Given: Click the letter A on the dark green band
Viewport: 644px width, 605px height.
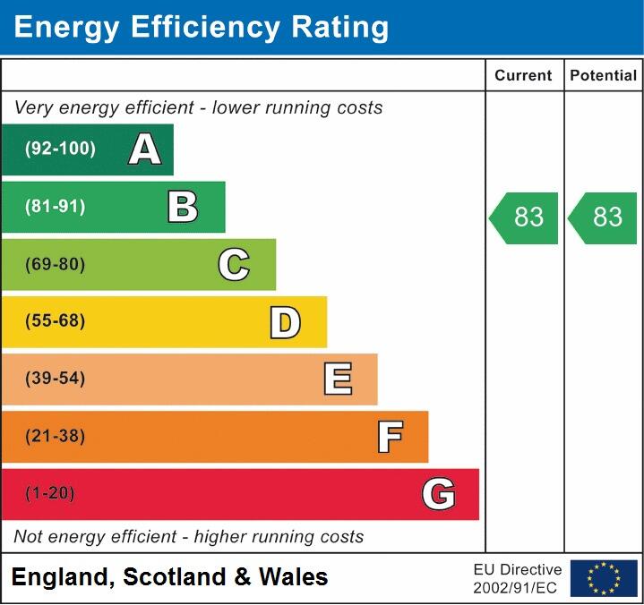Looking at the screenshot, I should pyautogui.click(x=145, y=149).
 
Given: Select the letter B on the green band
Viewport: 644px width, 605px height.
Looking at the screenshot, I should pyautogui.click(x=183, y=207).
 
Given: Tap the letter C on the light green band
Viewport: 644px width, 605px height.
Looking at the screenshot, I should pyautogui.click(x=234, y=264).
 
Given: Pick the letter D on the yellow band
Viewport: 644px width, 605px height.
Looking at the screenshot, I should pyautogui.click(x=285, y=322).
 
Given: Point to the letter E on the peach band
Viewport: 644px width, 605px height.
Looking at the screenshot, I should pyautogui.click(x=338, y=379).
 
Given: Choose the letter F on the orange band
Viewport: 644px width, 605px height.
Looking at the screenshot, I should pyautogui.click(x=390, y=437).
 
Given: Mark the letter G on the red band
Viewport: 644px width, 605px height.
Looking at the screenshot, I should pyautogui.click(x=439, y=494).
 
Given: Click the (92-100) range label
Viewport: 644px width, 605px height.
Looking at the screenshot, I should pyautogui.click(x=60, y=149).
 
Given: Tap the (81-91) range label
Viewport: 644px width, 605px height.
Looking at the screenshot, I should pyautogui.click(x=56, y=207).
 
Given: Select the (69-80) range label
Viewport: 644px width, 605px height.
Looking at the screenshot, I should pyautogui.click(x=56, y=264).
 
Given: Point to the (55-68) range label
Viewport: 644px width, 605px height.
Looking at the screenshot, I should pyautogui.click(x=56, y=321).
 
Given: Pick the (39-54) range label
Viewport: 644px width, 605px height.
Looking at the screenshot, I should pyautogui.click(x=56, y=379).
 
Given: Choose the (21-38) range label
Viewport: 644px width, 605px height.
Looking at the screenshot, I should pyautogui.click(x=56, y=437).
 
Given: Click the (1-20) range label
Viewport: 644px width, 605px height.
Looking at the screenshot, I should pyautogui.click(x=50, y=494).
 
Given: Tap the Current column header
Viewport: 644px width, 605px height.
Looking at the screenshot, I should pyautogui.click(x=524, y=76).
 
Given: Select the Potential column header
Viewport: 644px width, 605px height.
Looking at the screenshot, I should pyautogui.click(x=604, y=76).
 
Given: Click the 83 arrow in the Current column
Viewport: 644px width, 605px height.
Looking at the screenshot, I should pyautogui.click(x=525, y=217).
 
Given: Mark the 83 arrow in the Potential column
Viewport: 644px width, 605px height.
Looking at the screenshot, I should pyautogui.click(x=604, y=217).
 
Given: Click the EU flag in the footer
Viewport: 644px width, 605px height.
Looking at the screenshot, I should pyautogui.click(x=604, y=578).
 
